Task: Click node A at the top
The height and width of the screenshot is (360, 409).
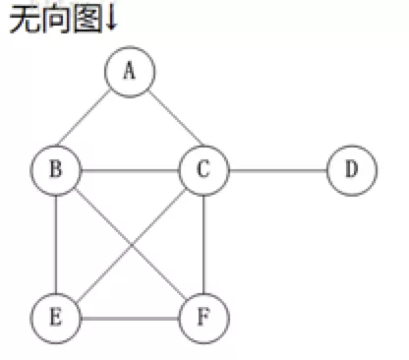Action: (130, 72)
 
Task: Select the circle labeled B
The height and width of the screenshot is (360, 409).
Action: (55, 171)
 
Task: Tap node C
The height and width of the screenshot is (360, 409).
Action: (204, 171)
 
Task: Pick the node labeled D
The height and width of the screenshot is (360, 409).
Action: (351, 171)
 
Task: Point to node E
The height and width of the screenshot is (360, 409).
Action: (55, 319)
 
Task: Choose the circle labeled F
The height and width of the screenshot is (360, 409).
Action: (204, 319)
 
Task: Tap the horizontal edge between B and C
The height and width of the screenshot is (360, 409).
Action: (129, 171)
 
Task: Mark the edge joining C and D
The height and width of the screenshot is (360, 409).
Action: (277, 171)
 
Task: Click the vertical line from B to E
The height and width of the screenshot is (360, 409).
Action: (55, 245)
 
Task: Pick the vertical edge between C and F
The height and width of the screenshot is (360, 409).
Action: (204, 245)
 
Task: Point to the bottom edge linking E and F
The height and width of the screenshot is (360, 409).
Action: (129, 319)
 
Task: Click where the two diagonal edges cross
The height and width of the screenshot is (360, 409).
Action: (129, 245)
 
